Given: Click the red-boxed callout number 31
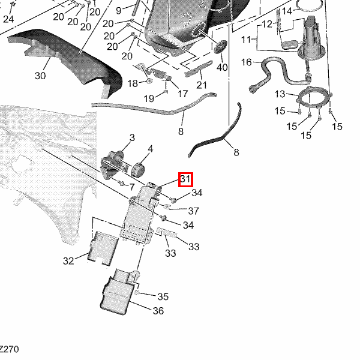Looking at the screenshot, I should [185, 179].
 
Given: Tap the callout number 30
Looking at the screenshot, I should [40, 76].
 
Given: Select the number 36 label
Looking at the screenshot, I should [158, 311].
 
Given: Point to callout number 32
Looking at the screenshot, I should [68, 260].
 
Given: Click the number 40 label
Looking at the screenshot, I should [222, 68].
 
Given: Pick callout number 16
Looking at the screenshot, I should [247, 62].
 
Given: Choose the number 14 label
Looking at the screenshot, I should [287, 11].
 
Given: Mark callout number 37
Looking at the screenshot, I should [193, 211].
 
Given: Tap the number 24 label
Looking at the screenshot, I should [8, 19].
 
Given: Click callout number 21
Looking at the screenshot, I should [201, 85].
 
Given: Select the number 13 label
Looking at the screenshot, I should [280, 94].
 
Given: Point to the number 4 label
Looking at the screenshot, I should [151, 149].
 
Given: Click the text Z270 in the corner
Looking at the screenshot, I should [8, 349].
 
